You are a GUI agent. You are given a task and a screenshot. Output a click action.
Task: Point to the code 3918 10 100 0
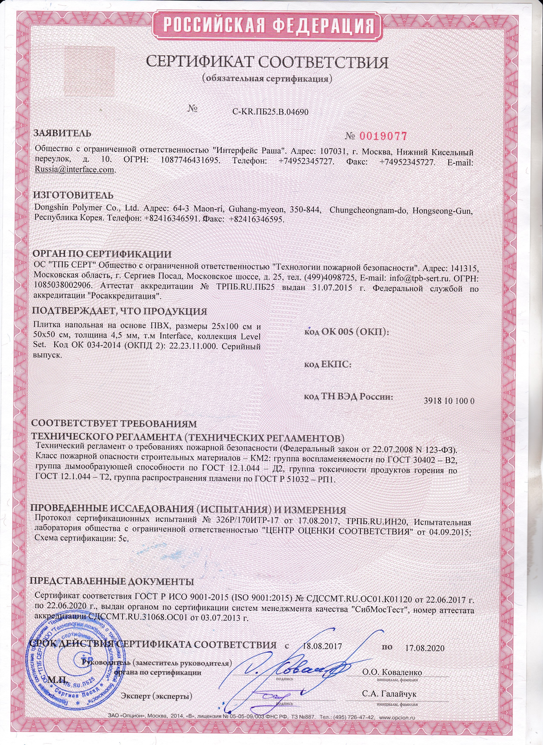[x=449, y=401]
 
